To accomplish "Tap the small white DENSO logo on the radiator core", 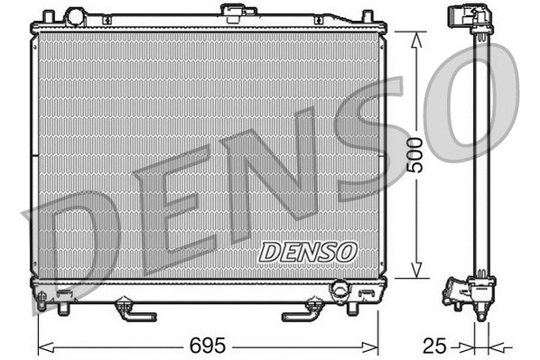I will click(308, 252).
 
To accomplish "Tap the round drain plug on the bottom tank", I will click(340, 290).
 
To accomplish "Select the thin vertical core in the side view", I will click(481, 153).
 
